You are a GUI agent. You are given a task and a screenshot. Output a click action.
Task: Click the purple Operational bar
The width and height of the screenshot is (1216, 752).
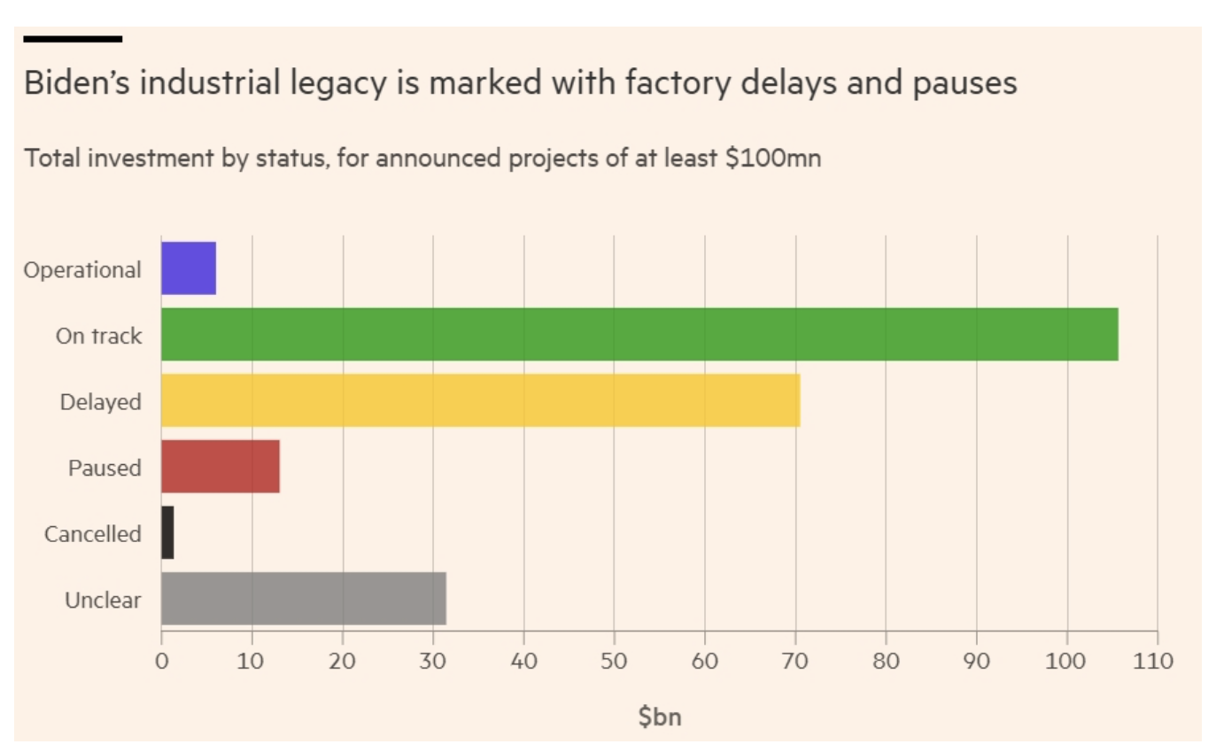point(189,267)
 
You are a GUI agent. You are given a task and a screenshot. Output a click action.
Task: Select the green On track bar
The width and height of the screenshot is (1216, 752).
point(639,334)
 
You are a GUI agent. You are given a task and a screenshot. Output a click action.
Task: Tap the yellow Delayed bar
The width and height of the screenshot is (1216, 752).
point(480,400)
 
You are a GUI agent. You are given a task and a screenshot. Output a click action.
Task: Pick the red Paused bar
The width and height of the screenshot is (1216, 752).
point(221,467)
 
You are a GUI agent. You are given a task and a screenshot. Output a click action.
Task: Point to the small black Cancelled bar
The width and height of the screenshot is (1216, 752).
point(167,533)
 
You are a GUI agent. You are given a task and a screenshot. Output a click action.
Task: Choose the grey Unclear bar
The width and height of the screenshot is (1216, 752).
point(303,599)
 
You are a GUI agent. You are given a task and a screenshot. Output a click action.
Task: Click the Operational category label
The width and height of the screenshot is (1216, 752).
point(82,269)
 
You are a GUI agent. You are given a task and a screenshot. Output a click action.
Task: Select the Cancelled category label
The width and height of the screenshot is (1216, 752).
point(92,534)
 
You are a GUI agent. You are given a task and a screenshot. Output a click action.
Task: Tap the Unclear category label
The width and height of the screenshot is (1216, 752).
point(103,601)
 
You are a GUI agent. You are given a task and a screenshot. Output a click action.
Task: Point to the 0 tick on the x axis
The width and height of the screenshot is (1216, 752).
point(161,661)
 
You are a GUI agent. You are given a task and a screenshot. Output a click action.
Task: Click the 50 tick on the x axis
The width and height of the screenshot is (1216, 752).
point(614,661)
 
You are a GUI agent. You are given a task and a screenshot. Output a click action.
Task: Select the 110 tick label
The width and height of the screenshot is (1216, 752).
point(1157,661)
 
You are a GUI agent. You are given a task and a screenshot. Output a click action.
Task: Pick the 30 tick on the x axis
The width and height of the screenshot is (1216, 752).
point(433,661)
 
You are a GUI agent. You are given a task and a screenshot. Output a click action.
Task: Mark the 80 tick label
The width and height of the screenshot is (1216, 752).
point(886,661)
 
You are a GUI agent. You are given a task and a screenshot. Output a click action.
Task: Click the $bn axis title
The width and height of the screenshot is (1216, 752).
point(660,717)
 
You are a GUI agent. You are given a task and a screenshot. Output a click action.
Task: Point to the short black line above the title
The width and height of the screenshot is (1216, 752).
point(73,39)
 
